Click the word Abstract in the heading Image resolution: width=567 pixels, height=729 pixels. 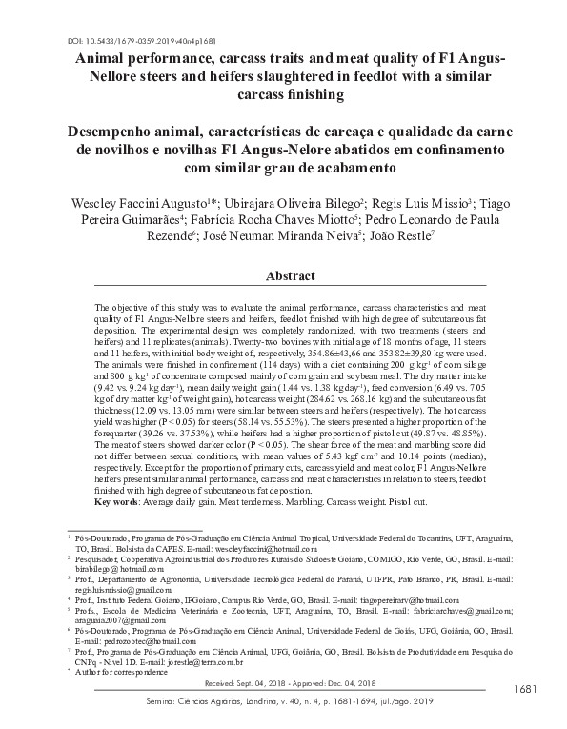[290, 275]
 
